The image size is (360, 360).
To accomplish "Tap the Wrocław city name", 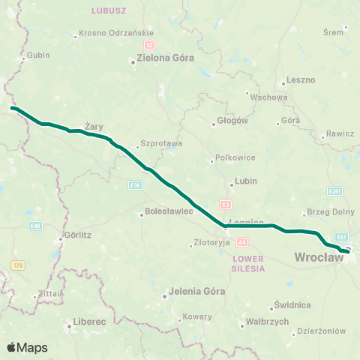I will coord(319,257).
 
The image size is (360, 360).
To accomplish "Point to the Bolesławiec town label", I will coord(169,212).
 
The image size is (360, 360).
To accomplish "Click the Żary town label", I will coord(93,126).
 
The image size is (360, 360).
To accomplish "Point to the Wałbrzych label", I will coord(268,321).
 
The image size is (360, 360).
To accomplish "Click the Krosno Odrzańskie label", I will coord(116,33).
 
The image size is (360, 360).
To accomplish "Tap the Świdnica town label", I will coord(292,305).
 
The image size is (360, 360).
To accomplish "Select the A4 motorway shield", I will coord(241,241).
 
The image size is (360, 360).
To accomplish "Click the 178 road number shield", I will coord(18,264).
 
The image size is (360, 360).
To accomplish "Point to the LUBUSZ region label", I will coord(109,10).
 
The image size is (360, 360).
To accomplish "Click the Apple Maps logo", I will coord(27,347).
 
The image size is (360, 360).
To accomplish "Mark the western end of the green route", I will coord(12,108).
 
